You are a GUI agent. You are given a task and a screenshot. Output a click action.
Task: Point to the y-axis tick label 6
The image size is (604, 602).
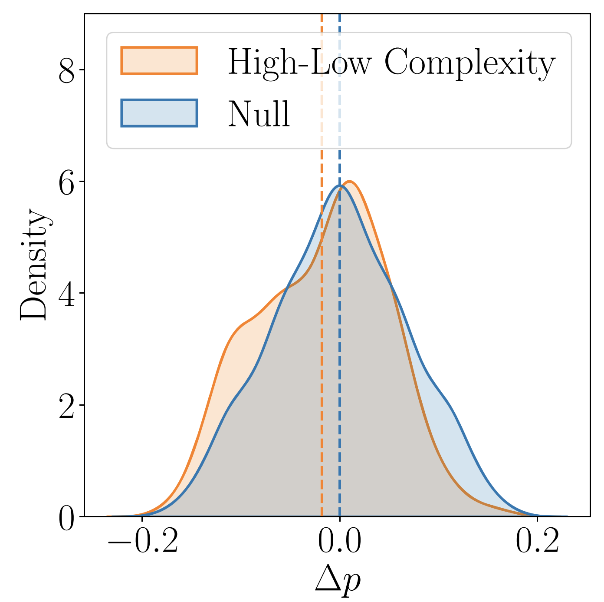tap(67, 182)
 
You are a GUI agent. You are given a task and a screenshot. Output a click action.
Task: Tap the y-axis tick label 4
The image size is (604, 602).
tap(67, 293)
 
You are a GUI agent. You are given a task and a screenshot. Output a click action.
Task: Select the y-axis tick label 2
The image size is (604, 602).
tap(67, 405)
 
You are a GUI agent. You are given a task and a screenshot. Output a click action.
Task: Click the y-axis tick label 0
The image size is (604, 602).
tap(67, 516)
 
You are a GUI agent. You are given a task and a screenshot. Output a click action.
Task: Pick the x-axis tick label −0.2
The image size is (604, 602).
tap(143, 542)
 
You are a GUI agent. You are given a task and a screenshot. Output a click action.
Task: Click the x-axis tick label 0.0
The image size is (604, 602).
tap(340, 542)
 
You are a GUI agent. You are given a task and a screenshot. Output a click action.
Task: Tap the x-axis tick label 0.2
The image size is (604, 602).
tap(537, 542)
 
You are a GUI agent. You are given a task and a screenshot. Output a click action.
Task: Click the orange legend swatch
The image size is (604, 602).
tap(159, 60)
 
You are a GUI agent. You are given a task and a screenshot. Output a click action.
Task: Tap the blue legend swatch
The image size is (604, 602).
tap(159, 113)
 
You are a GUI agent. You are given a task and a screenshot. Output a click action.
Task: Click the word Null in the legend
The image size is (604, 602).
tap(259, 114)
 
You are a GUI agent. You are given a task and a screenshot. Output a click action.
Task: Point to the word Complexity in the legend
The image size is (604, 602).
tap(469, 64)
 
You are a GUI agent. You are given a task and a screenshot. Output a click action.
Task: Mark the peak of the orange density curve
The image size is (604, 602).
tap(350, 181)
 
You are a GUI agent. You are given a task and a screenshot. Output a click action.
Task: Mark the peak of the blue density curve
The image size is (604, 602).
tap(340, 185)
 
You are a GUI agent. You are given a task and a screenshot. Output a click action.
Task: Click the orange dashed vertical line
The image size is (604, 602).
tap(322, 265)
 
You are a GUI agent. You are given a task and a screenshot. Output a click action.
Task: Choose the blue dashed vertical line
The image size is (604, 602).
tap(340, 265)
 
